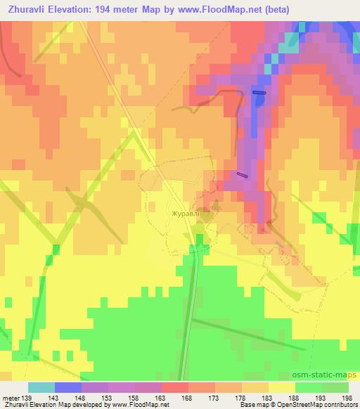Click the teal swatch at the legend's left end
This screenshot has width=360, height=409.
click(41, 387)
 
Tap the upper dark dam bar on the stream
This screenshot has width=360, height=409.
click(259, 92)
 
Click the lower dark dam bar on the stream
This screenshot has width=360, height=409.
click(243, 175)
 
